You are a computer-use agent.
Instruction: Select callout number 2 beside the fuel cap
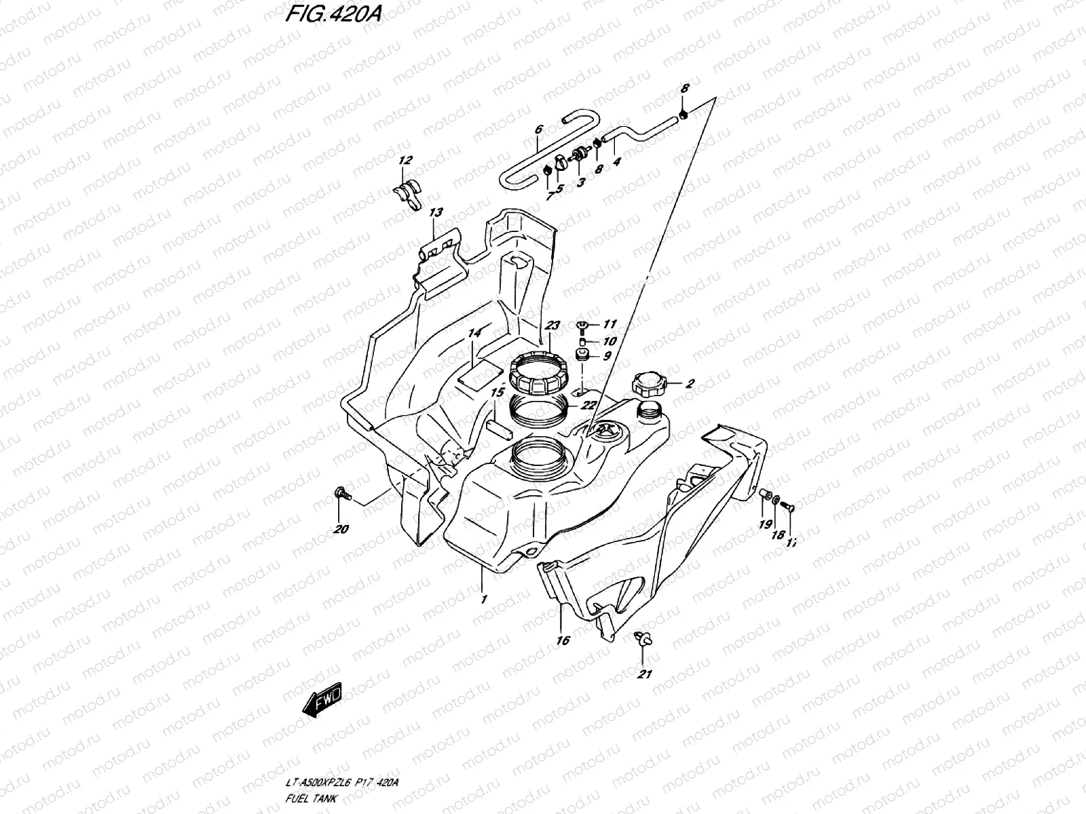click(x=690, y=384)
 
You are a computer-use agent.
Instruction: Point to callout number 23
click(x=553, y=326)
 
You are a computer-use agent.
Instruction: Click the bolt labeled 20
click(x=343, y=495)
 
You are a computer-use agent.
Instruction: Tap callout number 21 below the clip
click(x=645, y=674)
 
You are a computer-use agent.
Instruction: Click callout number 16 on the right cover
click(x=563, y=640)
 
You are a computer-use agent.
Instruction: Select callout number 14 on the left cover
click(x=474, y=333)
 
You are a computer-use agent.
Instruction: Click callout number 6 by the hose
click(x=538, y=128)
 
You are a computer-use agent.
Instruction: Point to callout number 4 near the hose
click(x=616, y=162)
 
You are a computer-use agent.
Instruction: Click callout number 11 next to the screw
click(x=610, y=325)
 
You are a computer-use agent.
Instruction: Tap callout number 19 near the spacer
click(x=765, y=524)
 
